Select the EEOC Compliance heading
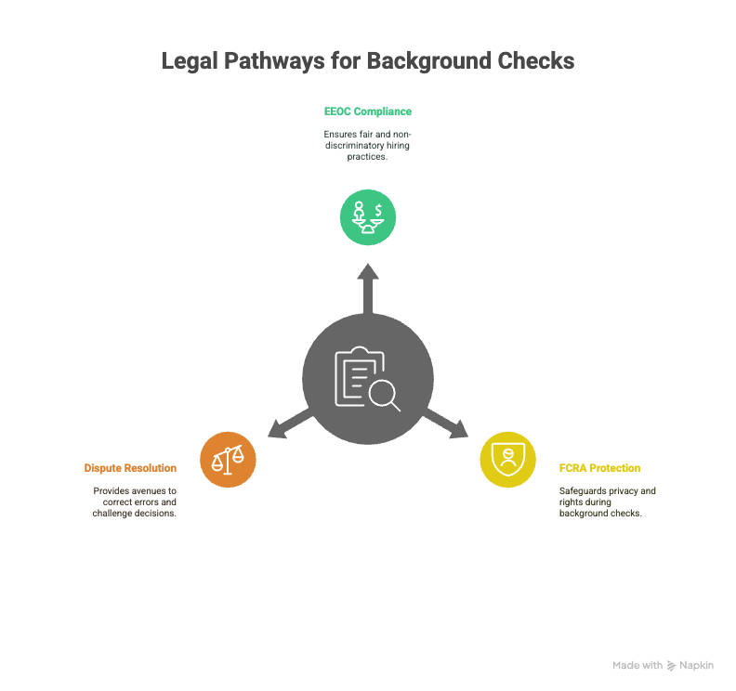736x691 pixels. [x=368, y=111]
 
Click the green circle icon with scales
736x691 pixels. [x=368, y=217]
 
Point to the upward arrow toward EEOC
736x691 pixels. [x=368, y=289]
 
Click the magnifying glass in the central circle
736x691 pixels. [x=385, y=395]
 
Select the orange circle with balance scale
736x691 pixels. [x=228, y=460]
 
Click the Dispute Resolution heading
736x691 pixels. [x=130, y=468]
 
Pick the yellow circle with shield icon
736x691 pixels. [x=508, y=460]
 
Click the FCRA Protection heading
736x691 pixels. [x=600, y=468]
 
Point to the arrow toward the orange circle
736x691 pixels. [x=290, y=424]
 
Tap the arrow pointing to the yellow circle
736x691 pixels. [x=446, y=424]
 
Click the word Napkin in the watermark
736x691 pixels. [x=697, y=665]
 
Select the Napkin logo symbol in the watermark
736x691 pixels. [x=672, y=666]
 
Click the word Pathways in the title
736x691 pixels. [x=274, y=61]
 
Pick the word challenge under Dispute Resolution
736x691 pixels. [x=112, y=514]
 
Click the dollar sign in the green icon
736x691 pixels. [x=378, y=210]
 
